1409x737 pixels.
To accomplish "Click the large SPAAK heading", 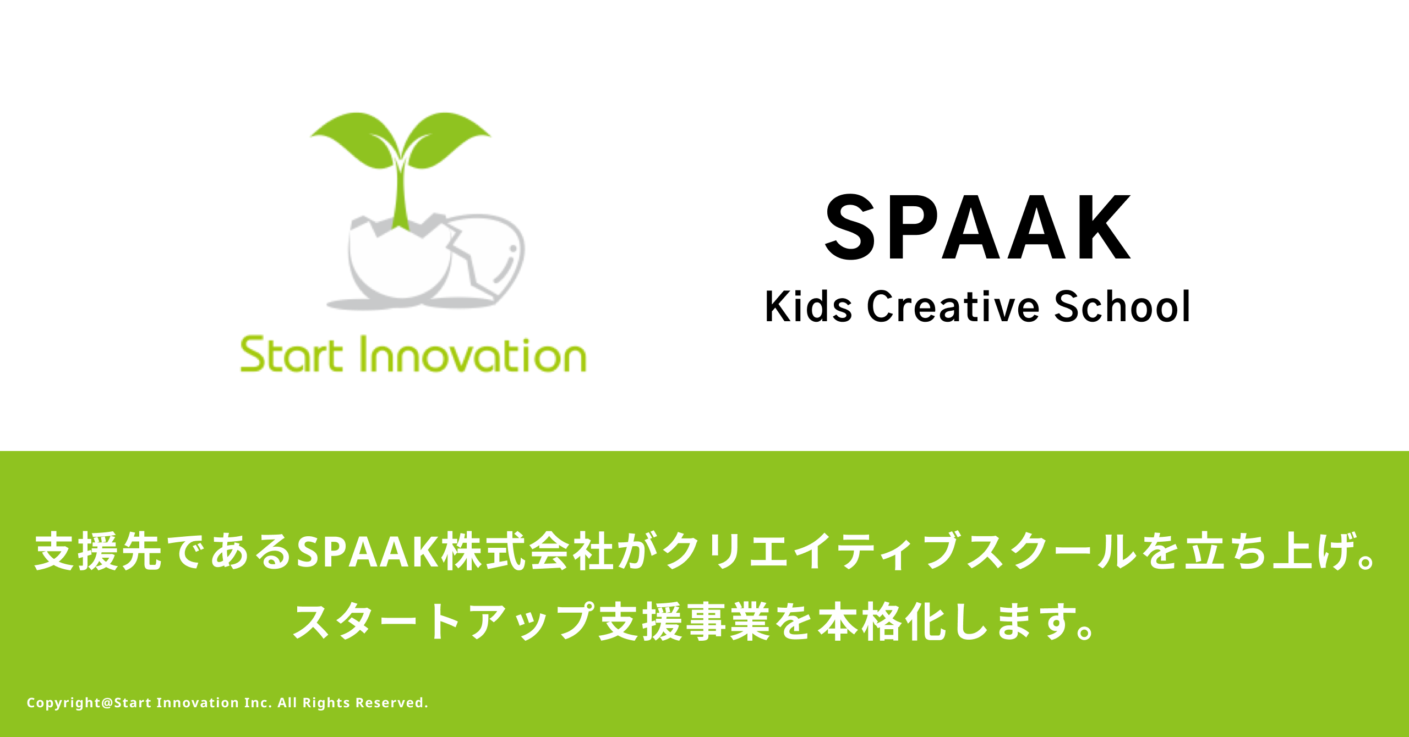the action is click(x=978, y=227).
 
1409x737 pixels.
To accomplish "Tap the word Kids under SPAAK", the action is click(x=809, y=306).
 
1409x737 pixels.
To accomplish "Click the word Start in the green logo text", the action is click(x=292, y=355).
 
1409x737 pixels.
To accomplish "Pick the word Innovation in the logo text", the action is click(x=473, y=355).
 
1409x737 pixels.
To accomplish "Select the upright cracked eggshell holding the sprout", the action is click(x=399, y=258).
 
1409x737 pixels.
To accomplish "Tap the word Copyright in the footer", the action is click(x=64, y=703).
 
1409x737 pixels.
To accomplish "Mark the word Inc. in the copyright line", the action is click(x=258, y=702).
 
